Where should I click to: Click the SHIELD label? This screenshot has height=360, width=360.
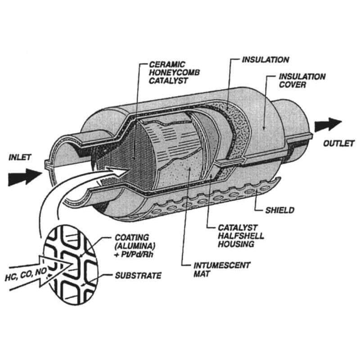click(279, 210)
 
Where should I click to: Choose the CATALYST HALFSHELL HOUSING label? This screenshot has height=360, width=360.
click(236, 236)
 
